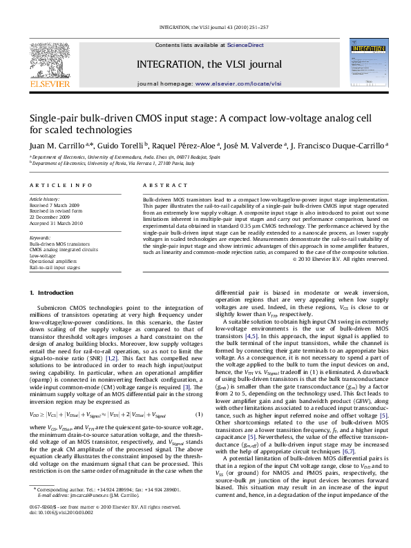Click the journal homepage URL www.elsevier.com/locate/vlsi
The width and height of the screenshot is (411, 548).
tap(229, 83)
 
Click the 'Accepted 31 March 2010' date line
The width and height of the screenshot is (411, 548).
tap(56, 224)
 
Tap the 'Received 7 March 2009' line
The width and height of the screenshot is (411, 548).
tap(55, 205)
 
